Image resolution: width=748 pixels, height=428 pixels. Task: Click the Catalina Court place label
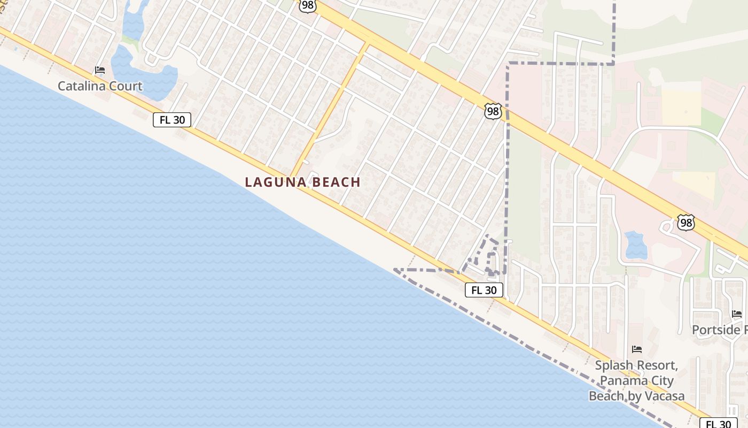100,86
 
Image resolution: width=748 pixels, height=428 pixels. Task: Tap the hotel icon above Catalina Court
100,70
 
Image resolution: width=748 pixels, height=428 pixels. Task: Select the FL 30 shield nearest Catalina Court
172,120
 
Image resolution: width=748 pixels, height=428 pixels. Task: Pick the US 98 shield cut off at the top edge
308,5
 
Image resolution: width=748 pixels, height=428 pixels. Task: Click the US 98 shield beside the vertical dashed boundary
493,111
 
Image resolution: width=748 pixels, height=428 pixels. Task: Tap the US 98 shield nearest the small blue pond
685,223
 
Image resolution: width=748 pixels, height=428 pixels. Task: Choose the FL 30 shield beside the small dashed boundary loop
484,290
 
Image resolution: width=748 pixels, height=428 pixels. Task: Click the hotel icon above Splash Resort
636,349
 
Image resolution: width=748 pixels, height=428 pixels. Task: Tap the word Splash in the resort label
613,366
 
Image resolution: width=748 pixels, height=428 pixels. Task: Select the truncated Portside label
719,330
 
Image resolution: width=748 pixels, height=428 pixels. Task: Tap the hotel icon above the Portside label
737,314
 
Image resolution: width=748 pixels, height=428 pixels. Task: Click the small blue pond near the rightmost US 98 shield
636,244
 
